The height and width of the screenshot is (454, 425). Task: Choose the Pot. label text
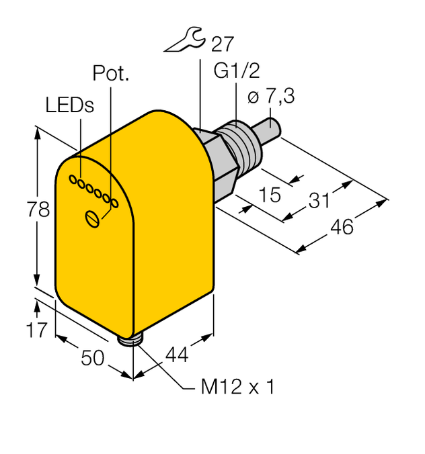(x=110, y=74)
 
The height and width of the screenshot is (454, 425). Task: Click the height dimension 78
(x=40, y=210)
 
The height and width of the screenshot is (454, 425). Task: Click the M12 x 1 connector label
(x=238, y=388)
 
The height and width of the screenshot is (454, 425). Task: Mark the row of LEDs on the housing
(x=93, y=191)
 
